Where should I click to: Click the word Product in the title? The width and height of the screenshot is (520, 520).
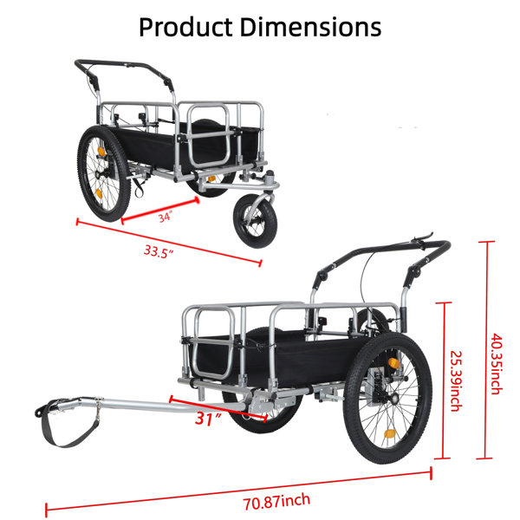pyautogui.click(x=185, y=27)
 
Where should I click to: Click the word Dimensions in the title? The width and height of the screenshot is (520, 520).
pyautogui.click(x=310, y=27)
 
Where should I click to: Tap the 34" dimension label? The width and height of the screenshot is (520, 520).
pyautogui.click(x=165, y=218)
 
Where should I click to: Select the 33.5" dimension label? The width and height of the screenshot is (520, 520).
pyautogui.click(x=159, y=251)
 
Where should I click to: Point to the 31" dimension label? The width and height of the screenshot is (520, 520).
pyautogui.click(x=208, y=419)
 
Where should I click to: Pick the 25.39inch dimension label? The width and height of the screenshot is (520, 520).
pyautogui.click(x=457, y=380)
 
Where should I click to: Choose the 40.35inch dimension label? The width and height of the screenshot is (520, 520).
pyautogui.click(x=497, y=364)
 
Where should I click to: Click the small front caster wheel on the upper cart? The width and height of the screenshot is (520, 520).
pyautogui.click(x=255, y=221)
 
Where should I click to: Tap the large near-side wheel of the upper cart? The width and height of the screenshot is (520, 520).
pyautogui.click(x=104, y=173)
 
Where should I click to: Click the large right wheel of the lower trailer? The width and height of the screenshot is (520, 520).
pyautogui.click(x=388, y=398)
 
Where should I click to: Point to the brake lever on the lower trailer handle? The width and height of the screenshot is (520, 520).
pyautogui.click(x=422, y=238)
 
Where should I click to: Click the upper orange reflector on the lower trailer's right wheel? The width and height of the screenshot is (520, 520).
pyautogui.click(x=394, y=363)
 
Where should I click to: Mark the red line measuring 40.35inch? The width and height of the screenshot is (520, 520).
pyautogui.click(x=486, y=350)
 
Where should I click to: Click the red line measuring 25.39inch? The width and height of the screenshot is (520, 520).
pyautogui.click(x=444, y=380)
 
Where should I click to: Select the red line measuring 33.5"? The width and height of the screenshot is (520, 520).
pyautogui.click(x=169, y=242)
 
